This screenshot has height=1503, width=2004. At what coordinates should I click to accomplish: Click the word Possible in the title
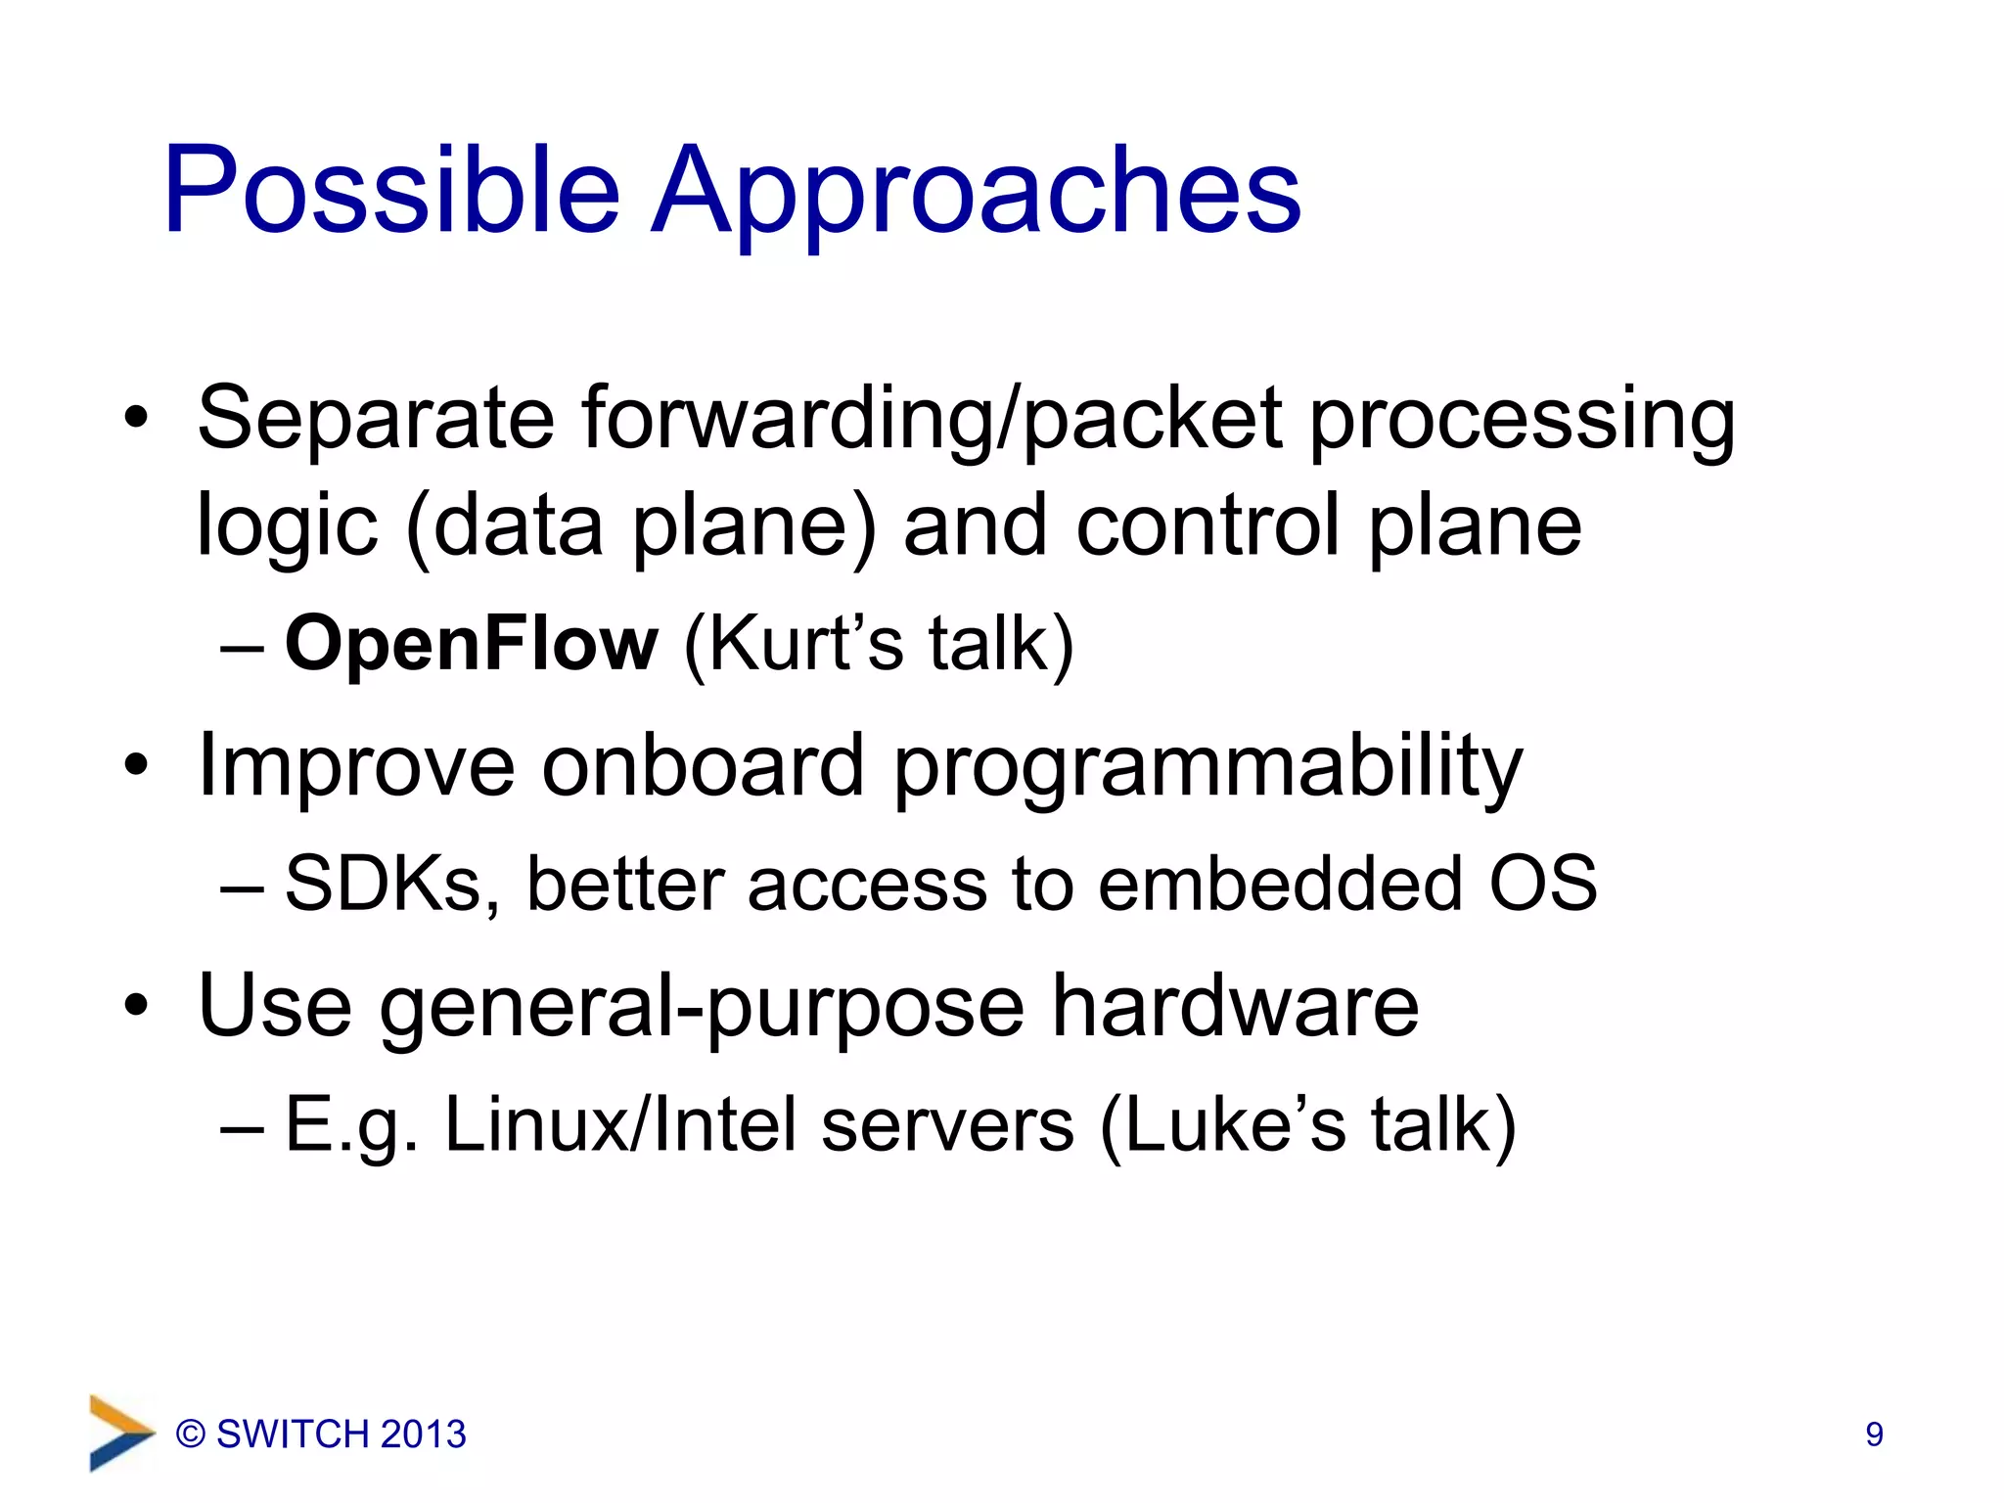tap(391, 191)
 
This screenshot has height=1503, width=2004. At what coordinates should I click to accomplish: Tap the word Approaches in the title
tap(976, 191)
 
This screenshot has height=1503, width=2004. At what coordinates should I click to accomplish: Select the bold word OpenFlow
tap(472, 644)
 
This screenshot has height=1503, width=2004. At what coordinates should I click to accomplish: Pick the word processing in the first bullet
tap(1522, 419)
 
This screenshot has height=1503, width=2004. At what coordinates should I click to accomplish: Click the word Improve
tap(356, 765)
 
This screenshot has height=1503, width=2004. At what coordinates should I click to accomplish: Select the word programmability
tap(1208, 765)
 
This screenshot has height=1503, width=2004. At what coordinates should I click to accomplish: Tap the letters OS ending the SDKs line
tap(1543, 884)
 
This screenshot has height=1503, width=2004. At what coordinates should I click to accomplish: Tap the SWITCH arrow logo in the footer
tap(121, 1433)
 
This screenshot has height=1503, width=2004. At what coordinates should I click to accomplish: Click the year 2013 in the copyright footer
tap(423, 1435)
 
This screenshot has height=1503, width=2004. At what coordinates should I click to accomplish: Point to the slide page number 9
tap(1874, 1435)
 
